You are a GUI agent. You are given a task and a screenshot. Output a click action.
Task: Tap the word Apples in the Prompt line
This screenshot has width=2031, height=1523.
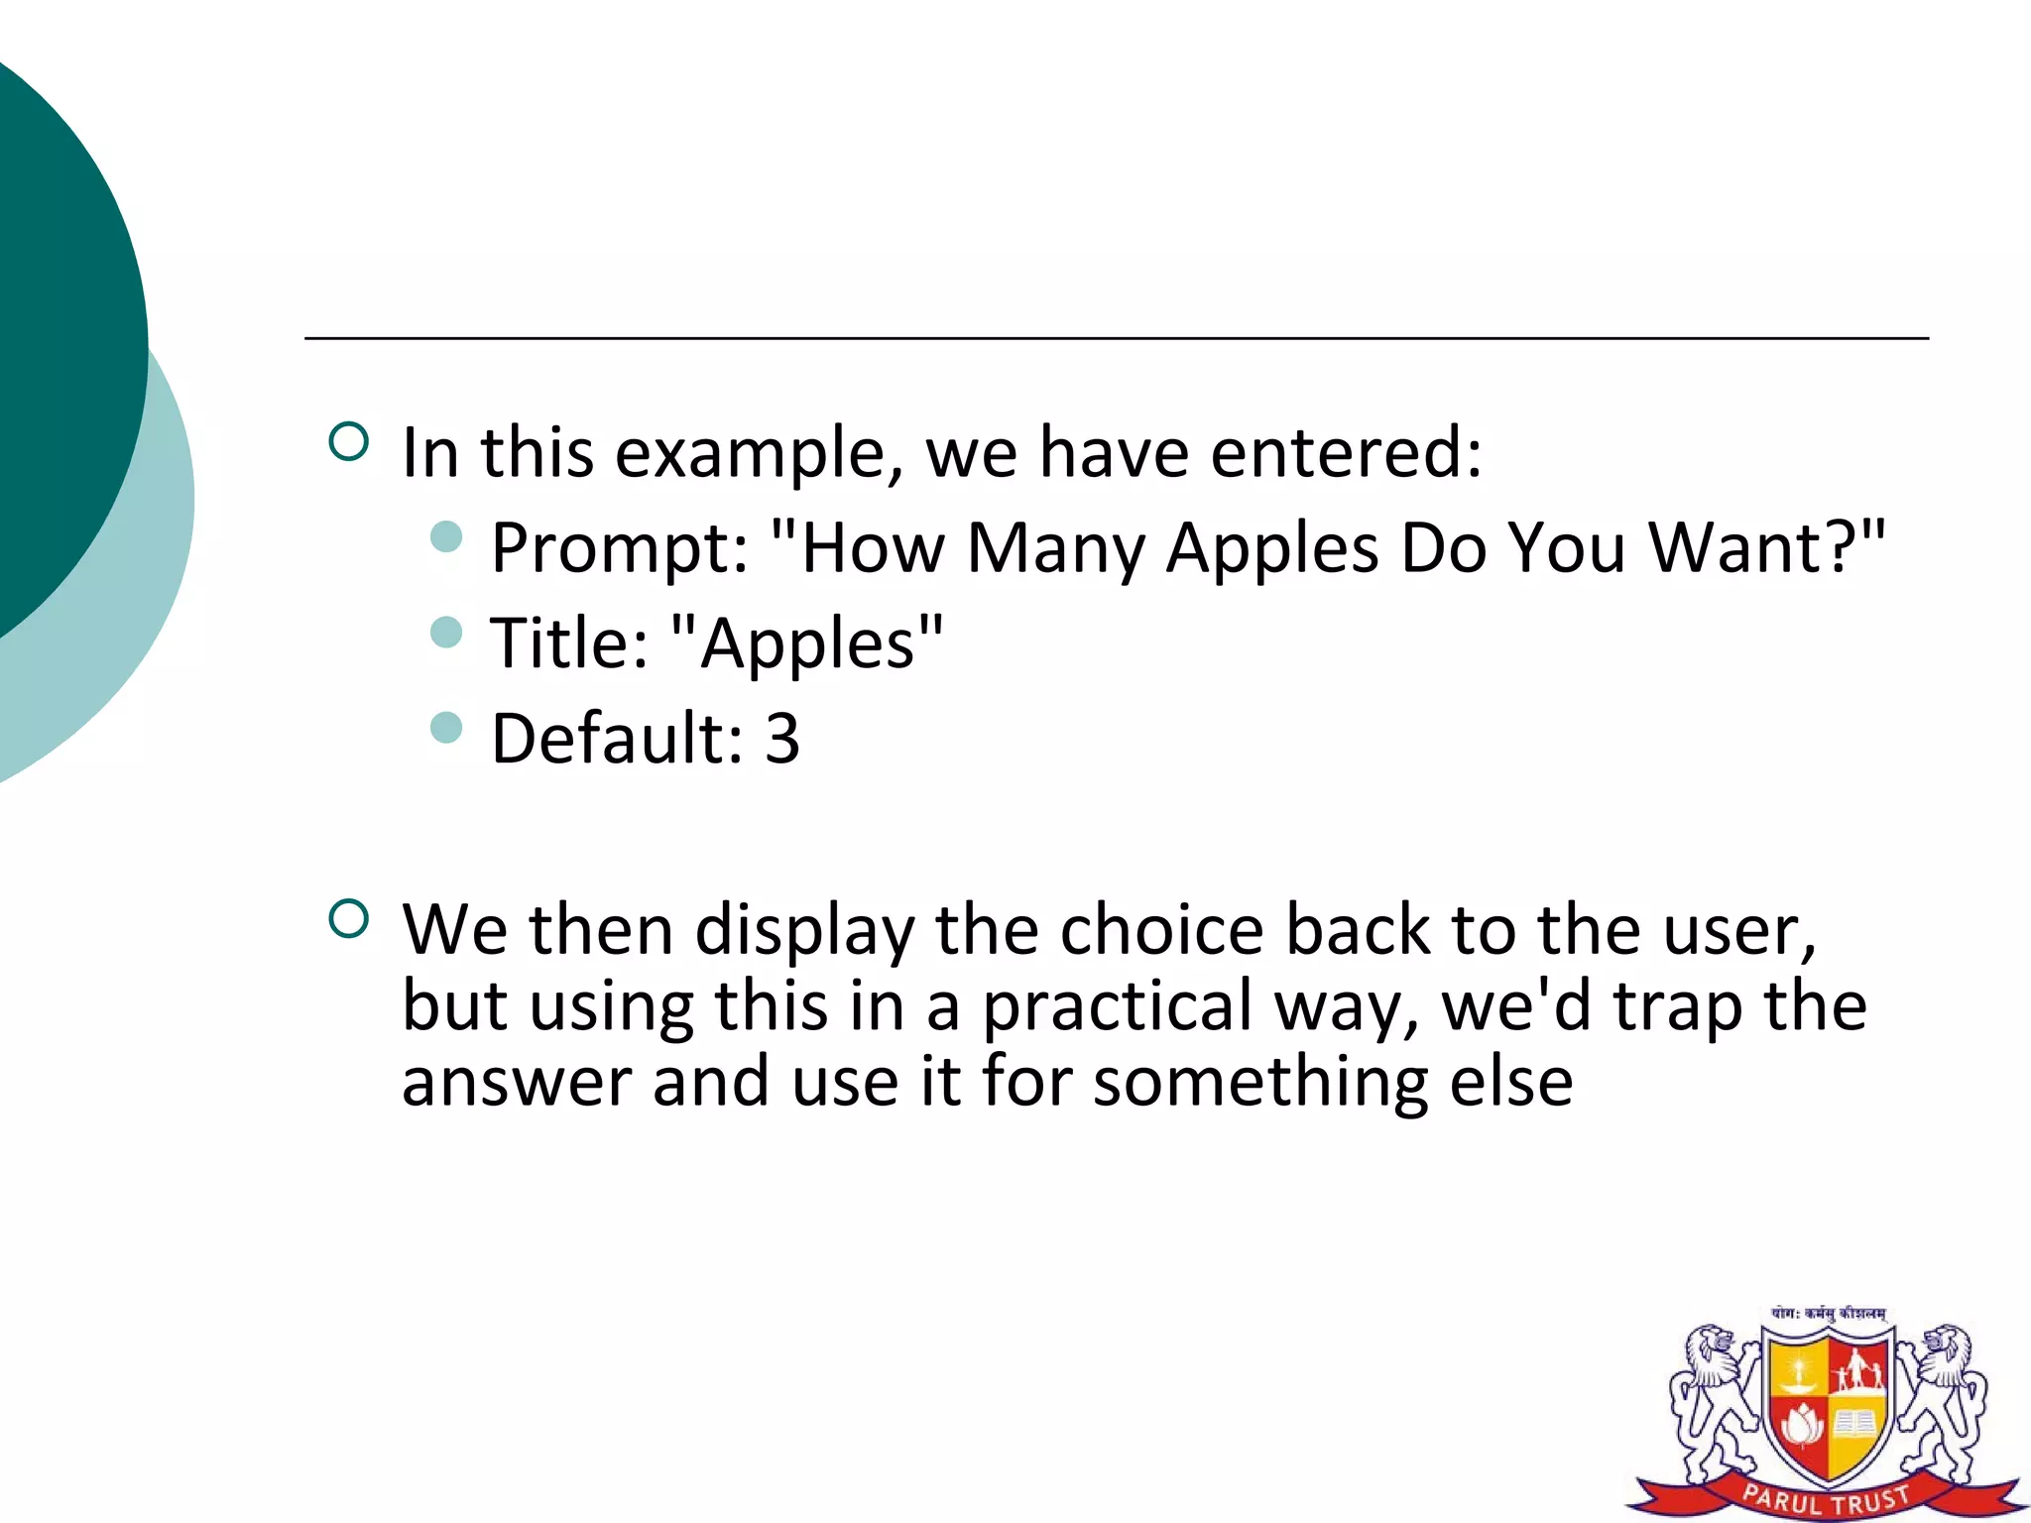1271,548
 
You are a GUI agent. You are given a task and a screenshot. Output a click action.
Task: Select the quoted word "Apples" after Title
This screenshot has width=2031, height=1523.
806,644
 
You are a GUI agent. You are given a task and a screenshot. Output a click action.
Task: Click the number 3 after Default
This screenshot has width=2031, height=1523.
781,739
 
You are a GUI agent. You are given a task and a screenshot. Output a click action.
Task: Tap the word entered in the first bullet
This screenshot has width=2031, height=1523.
1346,453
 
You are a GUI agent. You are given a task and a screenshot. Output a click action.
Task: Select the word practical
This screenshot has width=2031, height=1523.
1118,1006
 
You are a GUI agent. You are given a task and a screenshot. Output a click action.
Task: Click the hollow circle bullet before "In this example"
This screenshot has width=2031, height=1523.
348,441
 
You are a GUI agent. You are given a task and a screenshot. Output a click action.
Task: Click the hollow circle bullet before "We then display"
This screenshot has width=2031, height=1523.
348,918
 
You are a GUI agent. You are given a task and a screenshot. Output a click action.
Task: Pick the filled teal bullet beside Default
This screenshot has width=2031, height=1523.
447,728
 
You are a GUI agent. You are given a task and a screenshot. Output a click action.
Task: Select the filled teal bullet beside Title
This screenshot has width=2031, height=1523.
447,632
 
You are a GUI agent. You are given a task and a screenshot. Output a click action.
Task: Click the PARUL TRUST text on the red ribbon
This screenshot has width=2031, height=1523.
1826,1498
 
